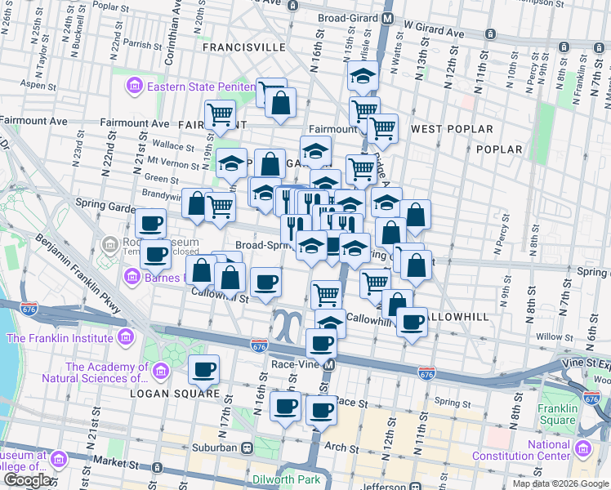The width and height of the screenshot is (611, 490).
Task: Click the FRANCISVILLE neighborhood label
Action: coord(244,47)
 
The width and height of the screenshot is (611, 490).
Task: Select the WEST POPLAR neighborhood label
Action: coord(452,129)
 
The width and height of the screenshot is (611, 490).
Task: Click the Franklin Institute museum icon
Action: coord(125,337)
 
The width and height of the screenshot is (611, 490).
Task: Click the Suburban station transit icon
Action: coord(246,448)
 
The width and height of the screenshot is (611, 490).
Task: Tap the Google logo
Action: coord(27,480)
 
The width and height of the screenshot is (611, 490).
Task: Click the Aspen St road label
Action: coord(39,85)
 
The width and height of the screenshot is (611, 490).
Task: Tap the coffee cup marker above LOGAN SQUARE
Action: coord(203,370)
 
